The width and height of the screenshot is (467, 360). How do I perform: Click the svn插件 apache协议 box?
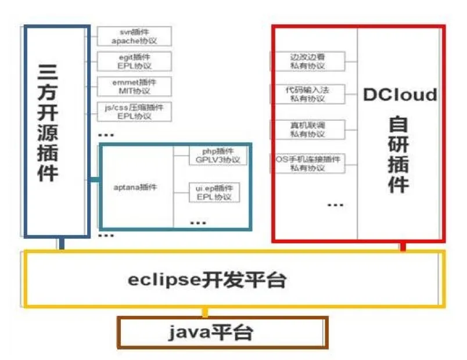134,36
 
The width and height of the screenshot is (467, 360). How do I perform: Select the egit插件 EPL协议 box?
134,61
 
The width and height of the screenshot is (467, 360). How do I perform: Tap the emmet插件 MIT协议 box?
134,86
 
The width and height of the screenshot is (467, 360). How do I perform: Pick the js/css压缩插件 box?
134,111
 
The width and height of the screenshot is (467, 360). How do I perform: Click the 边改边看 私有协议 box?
308,61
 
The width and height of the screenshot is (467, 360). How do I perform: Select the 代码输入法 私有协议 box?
308,94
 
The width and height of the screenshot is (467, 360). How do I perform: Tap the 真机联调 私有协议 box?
308,129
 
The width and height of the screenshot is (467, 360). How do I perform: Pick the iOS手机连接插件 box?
308,163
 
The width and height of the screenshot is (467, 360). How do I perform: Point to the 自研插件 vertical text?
399,154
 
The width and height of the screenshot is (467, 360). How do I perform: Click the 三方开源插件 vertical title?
56,123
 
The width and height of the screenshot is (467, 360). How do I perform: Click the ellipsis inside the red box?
336,204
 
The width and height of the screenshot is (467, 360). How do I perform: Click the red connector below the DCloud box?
402,247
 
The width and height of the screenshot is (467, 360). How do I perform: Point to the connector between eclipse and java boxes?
204,312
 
